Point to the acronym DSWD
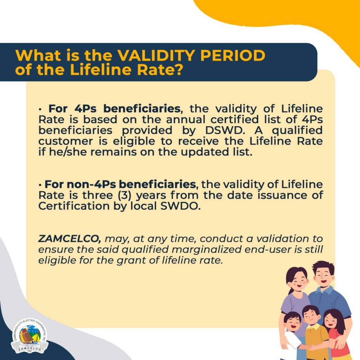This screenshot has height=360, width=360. point(224,130)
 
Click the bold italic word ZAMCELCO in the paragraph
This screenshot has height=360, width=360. point(69,239)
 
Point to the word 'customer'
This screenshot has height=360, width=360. point(65,141)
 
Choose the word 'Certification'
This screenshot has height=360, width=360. point(74,206)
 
